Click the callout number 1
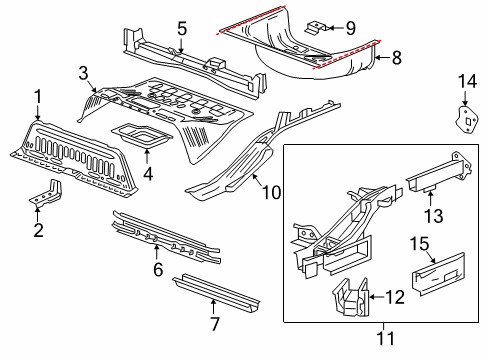tap(38, 97)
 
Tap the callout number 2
tap(38, 232)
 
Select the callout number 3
tap(84, 71)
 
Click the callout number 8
tap(397, 58)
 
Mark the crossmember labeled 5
tap(180, 58)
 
